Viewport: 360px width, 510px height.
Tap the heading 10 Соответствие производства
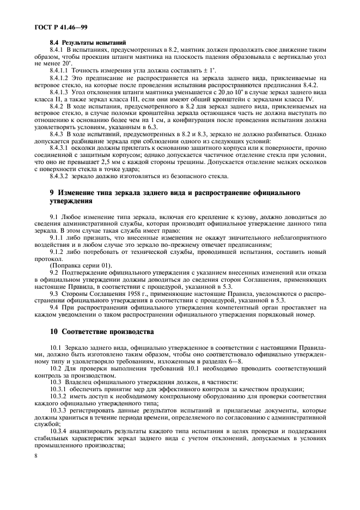click(101, 331)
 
